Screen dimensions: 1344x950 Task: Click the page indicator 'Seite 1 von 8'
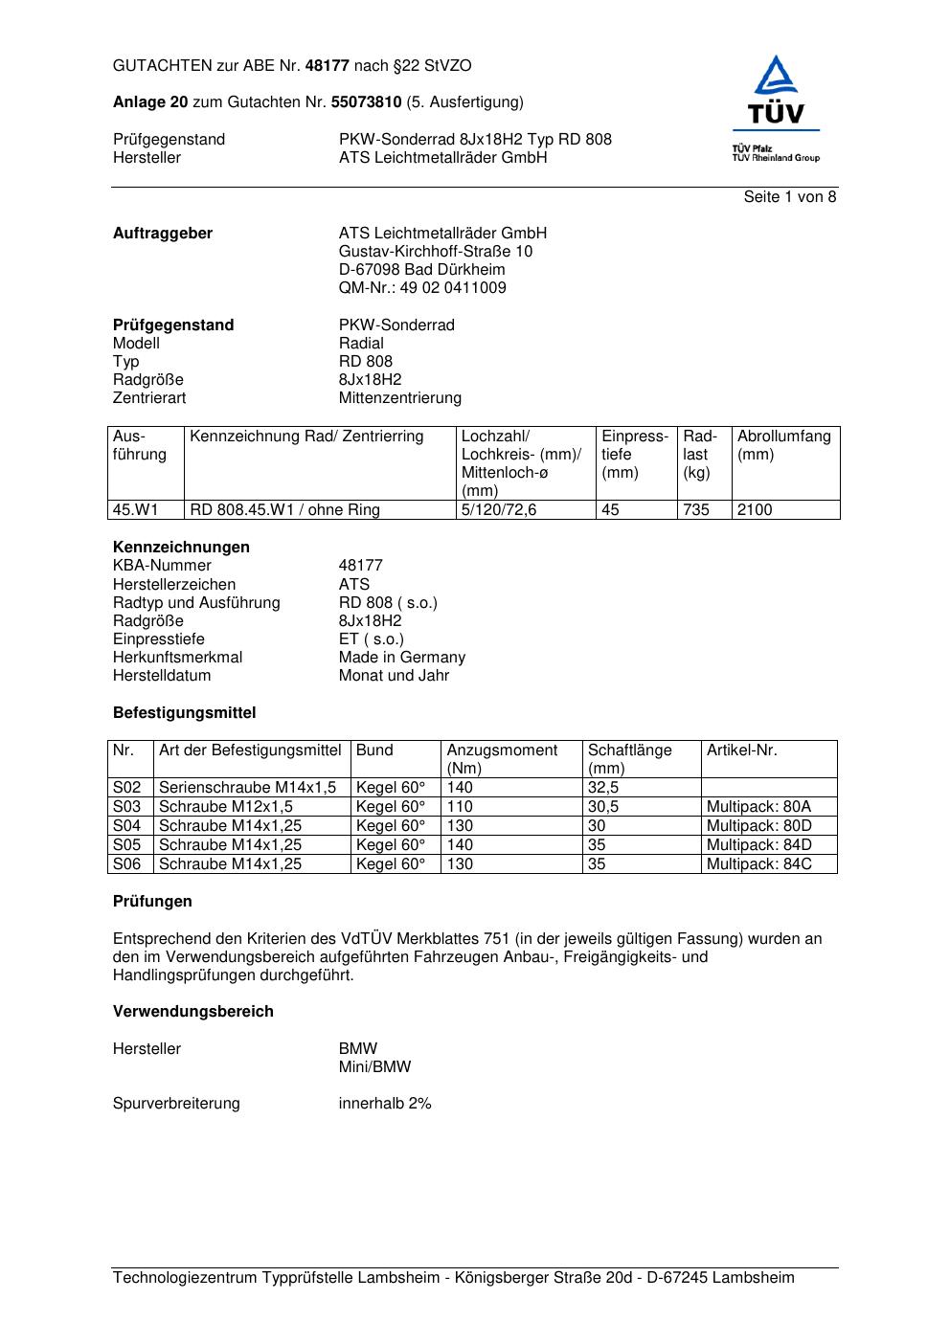789,197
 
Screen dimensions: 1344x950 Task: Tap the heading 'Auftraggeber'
163,234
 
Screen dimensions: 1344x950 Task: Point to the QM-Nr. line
422,288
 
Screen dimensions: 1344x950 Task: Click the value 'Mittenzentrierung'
399,398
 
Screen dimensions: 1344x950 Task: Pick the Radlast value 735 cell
696,510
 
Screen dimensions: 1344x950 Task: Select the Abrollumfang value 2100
755,510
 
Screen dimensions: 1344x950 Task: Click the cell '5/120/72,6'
499,510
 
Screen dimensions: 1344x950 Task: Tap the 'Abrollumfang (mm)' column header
783,445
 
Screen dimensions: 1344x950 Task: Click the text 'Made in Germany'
401,658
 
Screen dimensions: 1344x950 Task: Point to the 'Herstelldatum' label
162,676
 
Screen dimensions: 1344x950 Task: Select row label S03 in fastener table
126,807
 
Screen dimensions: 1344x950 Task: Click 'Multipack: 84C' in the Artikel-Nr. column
758,864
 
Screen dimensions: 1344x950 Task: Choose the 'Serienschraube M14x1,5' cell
247,788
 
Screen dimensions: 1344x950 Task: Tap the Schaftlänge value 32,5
603,788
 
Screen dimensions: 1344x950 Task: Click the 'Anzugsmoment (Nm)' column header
502,759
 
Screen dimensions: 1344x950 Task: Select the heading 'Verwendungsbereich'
192,1012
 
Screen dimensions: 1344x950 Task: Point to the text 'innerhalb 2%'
385,1104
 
